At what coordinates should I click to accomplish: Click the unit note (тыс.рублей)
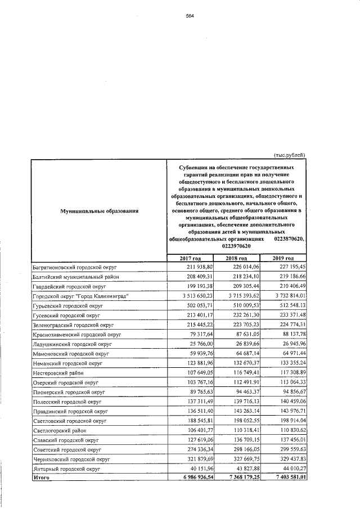pos(289,155)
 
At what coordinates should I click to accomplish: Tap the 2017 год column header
pos(190,258)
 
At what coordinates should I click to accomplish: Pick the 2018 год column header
pos(236,258)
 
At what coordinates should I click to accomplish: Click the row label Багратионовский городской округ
pos(70,267)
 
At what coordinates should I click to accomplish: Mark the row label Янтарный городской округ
pos(66,468)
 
